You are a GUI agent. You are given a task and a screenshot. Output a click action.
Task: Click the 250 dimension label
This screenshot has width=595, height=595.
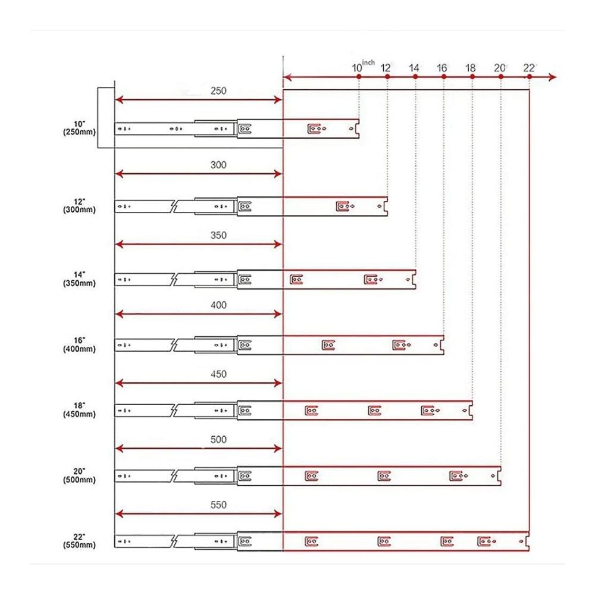point(218,90)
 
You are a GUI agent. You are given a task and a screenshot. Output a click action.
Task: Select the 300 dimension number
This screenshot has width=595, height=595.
point(218,165)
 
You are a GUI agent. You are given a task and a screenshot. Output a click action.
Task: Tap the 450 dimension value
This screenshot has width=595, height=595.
point(218,374)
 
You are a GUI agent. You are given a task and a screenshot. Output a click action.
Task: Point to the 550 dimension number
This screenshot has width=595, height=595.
point(218,505)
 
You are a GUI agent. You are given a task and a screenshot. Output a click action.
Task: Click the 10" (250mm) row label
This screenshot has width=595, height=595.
point(79,129)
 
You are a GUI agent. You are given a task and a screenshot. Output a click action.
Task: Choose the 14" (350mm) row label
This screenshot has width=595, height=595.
point(79,279)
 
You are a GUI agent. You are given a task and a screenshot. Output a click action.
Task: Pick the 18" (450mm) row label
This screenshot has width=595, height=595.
point(79,410)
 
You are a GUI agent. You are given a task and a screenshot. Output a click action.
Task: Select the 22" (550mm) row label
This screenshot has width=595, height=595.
point(79,541)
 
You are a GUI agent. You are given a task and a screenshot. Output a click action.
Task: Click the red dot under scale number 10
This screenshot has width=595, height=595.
point(359,77)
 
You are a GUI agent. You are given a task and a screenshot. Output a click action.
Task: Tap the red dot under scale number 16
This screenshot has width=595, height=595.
point(444,77)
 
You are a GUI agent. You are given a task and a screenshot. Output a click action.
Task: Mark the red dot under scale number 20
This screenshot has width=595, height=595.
point(501,77)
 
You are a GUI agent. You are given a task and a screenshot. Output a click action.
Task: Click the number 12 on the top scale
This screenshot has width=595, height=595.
point(385,68)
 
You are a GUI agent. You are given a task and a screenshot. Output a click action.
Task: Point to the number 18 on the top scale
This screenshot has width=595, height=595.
point(470,68)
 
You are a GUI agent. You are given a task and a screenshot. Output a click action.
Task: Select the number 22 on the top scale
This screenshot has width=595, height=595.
point(528,68)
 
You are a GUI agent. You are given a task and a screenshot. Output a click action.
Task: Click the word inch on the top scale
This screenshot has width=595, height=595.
point(368,62)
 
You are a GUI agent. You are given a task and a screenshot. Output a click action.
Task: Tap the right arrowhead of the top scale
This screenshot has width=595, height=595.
point(553,77)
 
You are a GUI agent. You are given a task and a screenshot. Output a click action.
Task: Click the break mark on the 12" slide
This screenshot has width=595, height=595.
point(174,206)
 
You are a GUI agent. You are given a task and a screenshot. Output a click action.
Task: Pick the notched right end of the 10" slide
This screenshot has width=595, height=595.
point(358,129)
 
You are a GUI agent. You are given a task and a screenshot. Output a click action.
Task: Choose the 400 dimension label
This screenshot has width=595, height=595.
point(218,305)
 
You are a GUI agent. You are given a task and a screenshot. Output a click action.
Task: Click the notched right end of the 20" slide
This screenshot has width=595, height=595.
point(499,476)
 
